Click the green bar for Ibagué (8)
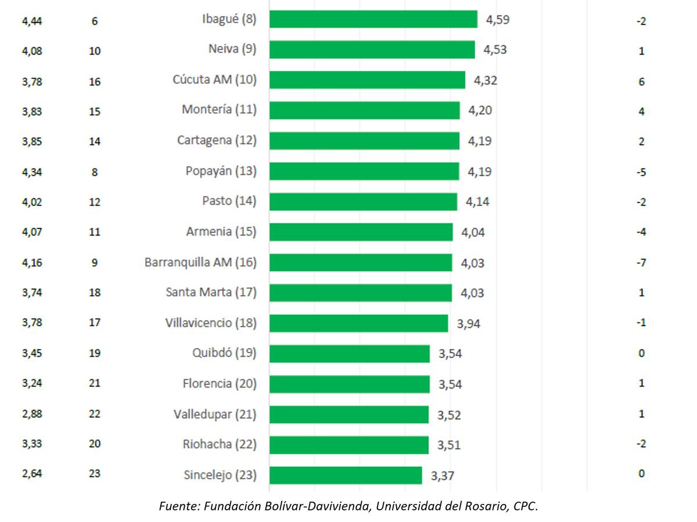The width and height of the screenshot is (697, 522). click(373, 19)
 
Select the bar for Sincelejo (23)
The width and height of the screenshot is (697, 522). click(346, 475)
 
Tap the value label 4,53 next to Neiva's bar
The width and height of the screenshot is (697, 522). click(495, 50)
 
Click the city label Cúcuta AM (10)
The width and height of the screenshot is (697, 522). click(214, 79)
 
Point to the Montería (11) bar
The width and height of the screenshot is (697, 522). click(364, 110)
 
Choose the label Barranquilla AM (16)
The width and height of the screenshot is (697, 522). click(200, 262)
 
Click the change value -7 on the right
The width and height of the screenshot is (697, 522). click(641, 263)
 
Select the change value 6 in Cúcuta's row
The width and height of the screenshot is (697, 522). click(641, 82)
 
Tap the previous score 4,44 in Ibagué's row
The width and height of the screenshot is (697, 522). click(32, 21)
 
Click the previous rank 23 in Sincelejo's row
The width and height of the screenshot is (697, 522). click(95, 473)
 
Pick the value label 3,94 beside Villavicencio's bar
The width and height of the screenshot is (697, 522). click(468, 324)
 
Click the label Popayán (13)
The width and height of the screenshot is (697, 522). click(221, 171)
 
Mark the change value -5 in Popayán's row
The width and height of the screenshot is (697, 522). click(641, 172)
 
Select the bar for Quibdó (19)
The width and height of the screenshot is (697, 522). click(349, 353)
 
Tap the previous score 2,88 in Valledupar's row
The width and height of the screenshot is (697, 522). click(32, 414)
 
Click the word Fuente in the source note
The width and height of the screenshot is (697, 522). click(178, 506)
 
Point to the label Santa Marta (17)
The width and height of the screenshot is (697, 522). click(211, 292)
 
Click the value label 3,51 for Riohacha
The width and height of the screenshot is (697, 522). click(448, 445)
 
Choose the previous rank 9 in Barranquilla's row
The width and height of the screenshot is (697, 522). click(95, 263)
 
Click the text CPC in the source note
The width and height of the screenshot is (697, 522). click(525, 506)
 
